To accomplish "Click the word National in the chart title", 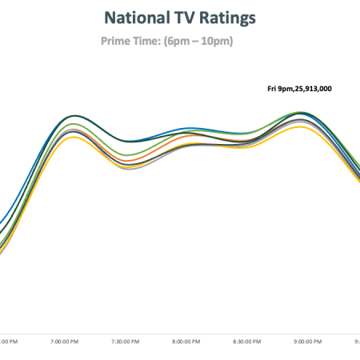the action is [x=137, y=18].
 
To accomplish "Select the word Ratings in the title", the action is [x=227, y=18].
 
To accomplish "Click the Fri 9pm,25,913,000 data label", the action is [x=299, y=89].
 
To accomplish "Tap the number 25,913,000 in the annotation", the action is [x=314, y=89].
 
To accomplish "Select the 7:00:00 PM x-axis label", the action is [x=65, y=342].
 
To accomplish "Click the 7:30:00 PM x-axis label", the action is [x=126, y=342].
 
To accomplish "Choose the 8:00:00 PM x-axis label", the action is [x=186, y=342].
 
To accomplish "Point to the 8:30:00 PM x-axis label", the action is [x=247, y=342].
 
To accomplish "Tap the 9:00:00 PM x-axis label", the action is [x=308, y=342].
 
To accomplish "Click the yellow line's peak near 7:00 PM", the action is [x=74, y=138].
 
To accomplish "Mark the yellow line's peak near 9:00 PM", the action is [x=300, y=126].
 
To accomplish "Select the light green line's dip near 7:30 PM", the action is [x=130, y=155].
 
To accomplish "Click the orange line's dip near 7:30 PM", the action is [x=129, y=161].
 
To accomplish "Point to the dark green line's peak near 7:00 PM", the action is [x=75, y=116].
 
